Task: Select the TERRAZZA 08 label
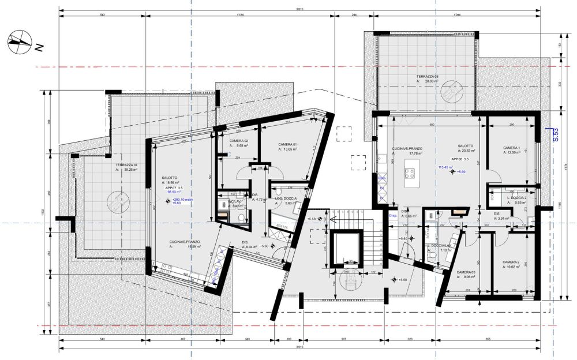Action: point(428,76)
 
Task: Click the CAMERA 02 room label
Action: point(239,141)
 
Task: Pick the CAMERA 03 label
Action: point(466,272)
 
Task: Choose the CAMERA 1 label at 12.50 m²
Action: point(511,148)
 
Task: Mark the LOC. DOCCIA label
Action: point(286,198)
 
